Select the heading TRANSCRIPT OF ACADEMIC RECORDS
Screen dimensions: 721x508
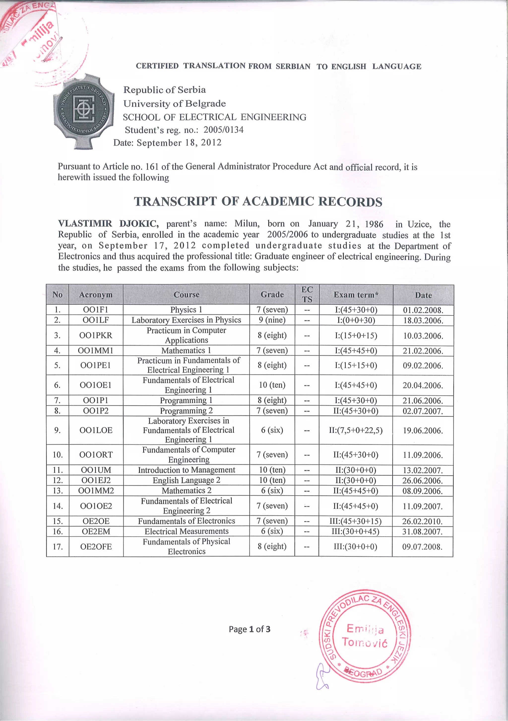tap(258, 202)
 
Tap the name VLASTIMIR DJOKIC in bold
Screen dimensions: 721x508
tap(108, 224)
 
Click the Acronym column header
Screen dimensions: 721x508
tap(96, 294)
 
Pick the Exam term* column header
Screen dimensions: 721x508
tap(356, 294)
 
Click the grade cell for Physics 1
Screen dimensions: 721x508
tap(272, 310)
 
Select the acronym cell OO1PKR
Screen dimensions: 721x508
tap(96, 335)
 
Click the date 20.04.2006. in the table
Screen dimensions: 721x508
tap(423, 385)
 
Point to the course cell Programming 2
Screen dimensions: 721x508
tap(186, 411)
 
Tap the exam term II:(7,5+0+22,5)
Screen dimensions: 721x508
tap(355, 430)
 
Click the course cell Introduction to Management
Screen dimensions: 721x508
tap(186, 470)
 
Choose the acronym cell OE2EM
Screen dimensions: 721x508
tap(96, 531)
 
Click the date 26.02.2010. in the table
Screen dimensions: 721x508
tap(422, 521)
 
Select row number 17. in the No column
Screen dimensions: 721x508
tap(57, 547)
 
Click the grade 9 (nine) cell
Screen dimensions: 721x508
tap(272, 320)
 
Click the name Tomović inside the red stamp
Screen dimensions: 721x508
tap(365, 643)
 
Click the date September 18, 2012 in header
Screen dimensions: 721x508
tap(179, 143)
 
